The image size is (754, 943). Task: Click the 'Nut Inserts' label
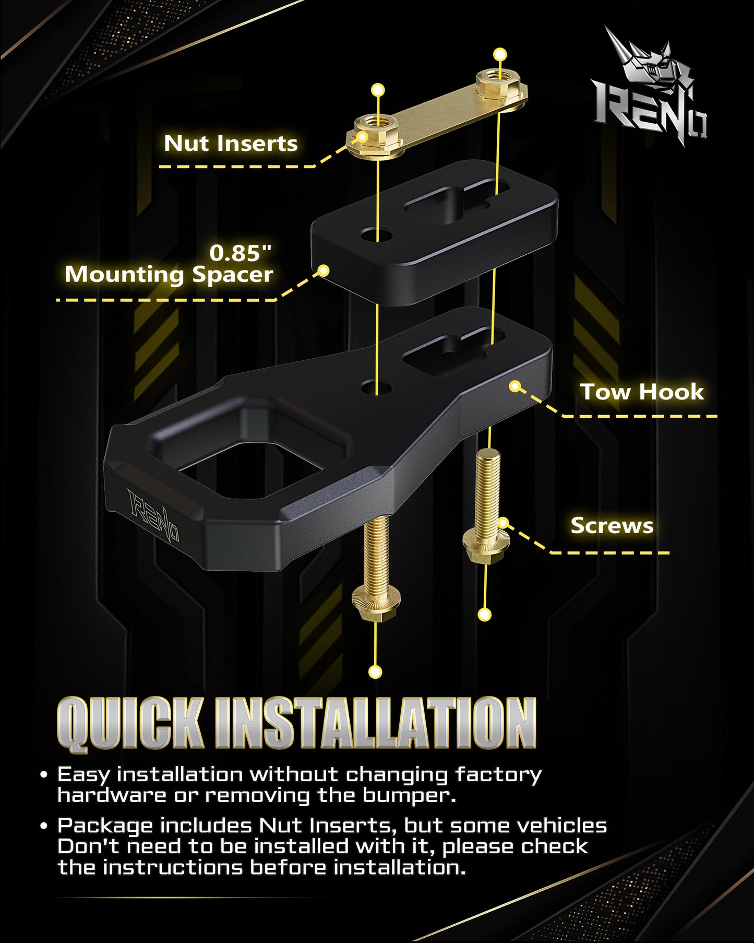tap(231, 144)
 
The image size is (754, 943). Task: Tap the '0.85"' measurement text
tap(241, 253)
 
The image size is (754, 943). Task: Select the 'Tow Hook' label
tap(642, 392)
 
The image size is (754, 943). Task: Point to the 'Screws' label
tap(612, 525)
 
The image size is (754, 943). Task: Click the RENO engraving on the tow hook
tap(153, 516)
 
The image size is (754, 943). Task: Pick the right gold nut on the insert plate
tap(499, 89)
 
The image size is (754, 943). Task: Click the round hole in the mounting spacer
tap(376, 234)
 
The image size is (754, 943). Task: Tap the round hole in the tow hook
tap(376, 387)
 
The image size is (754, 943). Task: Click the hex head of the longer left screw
tap(376, 604)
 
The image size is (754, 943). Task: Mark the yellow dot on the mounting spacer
tap(324, 270)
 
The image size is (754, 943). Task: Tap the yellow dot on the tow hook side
tap(515, 386)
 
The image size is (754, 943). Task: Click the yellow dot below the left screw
tap(375, 671)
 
